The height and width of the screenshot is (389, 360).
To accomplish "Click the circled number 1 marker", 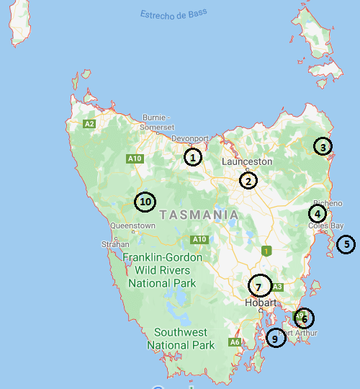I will (192, 156).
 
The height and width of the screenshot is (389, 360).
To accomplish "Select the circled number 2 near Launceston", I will (248, 181).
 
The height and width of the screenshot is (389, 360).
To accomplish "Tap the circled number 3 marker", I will (323, 147).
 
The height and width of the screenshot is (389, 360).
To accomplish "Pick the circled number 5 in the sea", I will (346, 244).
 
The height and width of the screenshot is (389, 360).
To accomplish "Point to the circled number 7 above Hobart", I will (259, 286).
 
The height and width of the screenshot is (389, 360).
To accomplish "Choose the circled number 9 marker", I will (275, 337).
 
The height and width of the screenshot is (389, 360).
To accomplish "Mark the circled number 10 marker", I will (145, 202).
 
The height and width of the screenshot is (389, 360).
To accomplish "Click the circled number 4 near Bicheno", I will (318, 213).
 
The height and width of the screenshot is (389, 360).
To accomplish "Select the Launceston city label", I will (247, 161).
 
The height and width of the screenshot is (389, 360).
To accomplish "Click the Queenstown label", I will (132, 225).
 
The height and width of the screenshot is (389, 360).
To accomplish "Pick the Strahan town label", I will (115, 243).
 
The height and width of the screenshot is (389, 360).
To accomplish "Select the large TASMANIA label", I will (199, 215).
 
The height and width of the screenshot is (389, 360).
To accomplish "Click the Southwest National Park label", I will (181, 339).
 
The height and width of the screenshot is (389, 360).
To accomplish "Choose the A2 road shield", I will (89, 124).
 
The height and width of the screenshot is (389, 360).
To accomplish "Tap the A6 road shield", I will (235, 342).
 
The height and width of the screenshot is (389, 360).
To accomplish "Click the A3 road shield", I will (278, 287).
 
